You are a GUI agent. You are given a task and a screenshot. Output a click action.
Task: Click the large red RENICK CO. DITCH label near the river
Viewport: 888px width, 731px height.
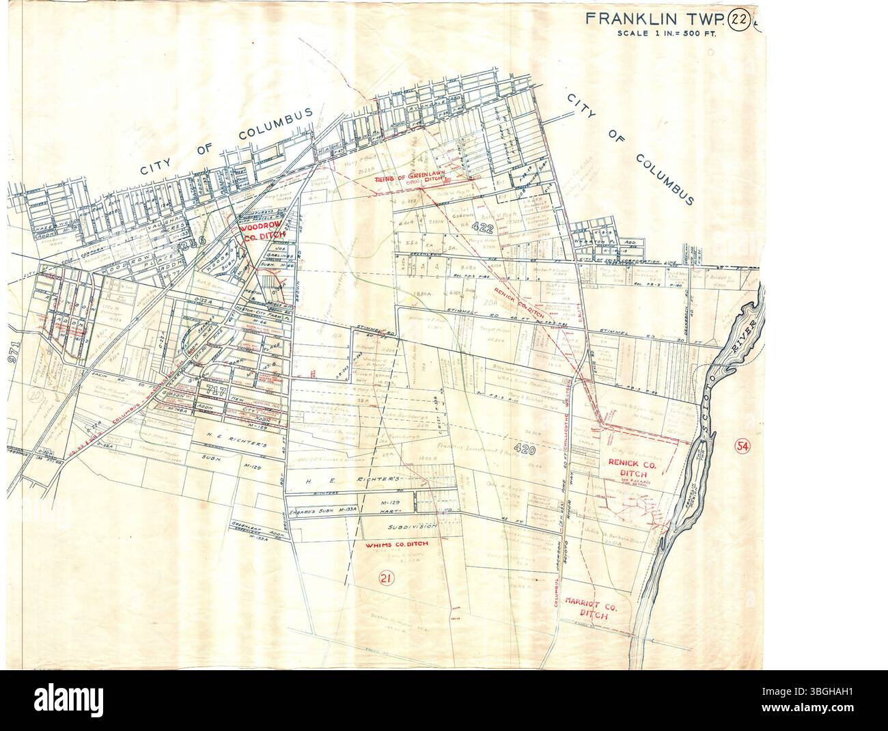click(x=632, y=467)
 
